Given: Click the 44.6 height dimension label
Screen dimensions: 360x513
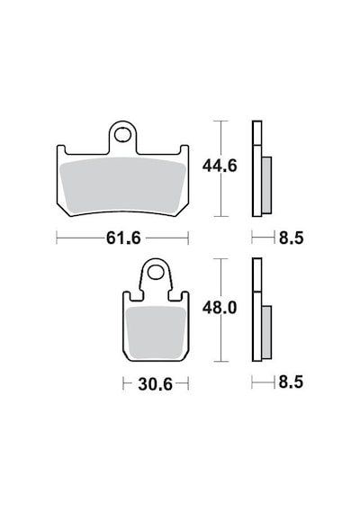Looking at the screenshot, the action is pyautogui.click(x=220, y=166).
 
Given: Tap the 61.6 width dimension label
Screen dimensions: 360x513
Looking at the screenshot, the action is pyautogui.click(x=123, y=238).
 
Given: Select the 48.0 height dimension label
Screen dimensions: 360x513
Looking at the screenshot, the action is pyautogui.click(x=220, y=308).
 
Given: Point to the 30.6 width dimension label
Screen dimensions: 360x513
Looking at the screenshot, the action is pyautogui.click(x=155, y=384).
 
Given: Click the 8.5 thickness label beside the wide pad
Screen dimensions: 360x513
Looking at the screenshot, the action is pyautogui.click(x=292, y=238).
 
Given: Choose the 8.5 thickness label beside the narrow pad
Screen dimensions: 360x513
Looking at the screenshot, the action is pyautogui.click(x=291, y=382).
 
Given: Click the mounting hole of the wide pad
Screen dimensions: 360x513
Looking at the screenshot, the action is pyautogui.click(x=122, y=135).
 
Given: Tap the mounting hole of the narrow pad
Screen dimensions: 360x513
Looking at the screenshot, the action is pyautogui.click(x=155, y=272).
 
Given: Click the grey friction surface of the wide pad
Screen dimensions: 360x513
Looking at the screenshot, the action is pyautogui.click(x=123, y=184).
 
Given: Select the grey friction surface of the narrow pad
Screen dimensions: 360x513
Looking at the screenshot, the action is pyautogui.click(x=156, y=332).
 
